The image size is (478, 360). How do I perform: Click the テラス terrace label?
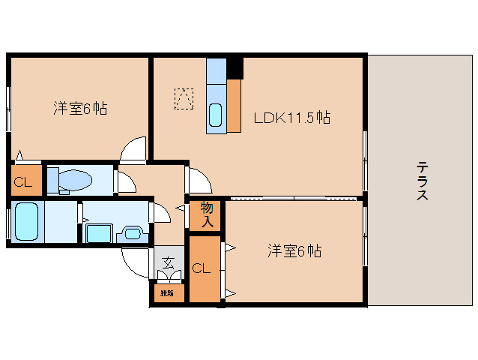(x=423, y=181)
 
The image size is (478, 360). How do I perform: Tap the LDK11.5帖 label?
(x=292, y=118)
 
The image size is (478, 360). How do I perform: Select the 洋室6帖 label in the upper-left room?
(x=79, y=109)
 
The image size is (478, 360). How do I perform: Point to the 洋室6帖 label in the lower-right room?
(x=294, y=251)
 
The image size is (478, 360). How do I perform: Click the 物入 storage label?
(x=208, y=214)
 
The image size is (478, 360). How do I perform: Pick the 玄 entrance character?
(x=169, y=263)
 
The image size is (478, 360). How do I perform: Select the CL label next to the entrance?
(x=201, y=268)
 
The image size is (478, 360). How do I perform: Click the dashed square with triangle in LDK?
(x=184, y=98)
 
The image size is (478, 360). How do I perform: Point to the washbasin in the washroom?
(x=133, y=232)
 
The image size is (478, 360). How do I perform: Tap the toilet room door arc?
(x=124, y=181)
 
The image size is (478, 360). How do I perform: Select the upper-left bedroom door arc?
(x=135, y=150)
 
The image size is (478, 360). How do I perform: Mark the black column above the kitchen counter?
(x=235, y=67)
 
